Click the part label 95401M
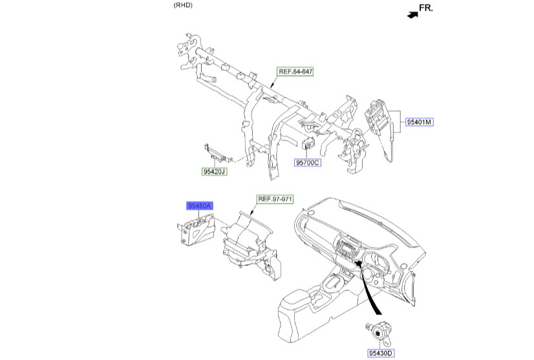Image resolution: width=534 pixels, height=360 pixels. (420, 121)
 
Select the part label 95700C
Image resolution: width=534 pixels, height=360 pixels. (308, 163)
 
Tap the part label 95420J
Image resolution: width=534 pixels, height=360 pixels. (215, 172)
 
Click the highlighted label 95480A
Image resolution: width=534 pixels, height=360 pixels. (200, 206)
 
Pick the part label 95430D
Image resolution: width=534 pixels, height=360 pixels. (381, 353)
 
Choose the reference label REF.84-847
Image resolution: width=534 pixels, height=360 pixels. (295, 71)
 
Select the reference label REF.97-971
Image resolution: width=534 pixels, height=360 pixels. (276, 199)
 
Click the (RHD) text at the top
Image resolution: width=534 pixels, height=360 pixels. (183, 5)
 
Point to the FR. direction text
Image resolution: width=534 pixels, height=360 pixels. (426, 8)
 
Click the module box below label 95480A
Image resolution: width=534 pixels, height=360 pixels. (197, 230)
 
